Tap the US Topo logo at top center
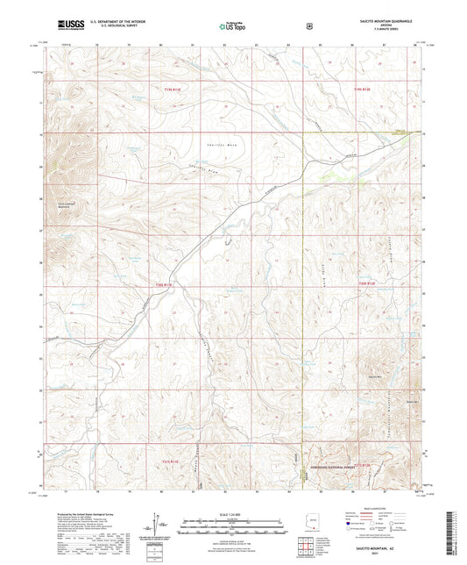click(x=231, y=26)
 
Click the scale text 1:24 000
click(x=232, y=514)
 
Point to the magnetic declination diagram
click(x=159, y=526)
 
